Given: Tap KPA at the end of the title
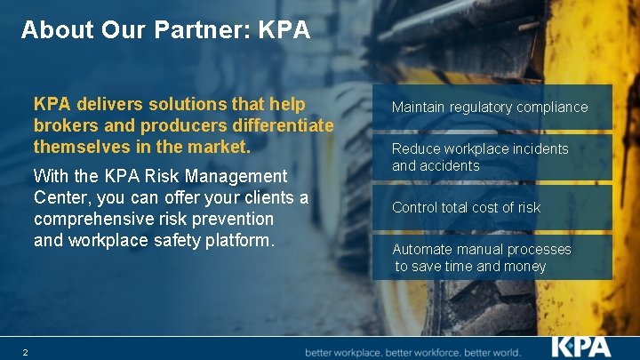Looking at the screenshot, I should pos(284,30).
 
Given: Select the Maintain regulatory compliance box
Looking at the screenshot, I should pos(492,107).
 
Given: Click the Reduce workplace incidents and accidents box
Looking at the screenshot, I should pos(492,157).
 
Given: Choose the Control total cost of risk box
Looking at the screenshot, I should pos(492,207).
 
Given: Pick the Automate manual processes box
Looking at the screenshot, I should pos(492,258).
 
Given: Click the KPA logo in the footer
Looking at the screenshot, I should pos(580,346).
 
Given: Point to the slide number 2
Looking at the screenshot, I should pos(25,353).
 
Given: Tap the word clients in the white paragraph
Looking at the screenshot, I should pos(268,196).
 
